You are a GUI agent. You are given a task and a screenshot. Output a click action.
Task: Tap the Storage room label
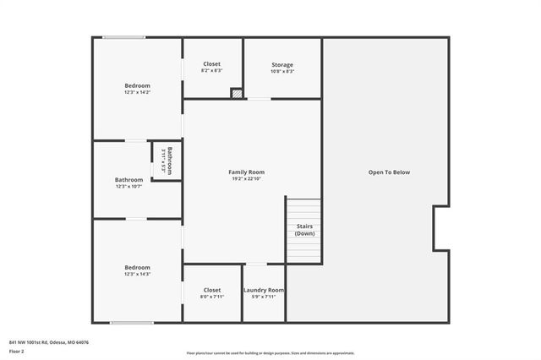tap(282, 65)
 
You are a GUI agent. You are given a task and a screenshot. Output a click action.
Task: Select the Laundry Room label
tap(264, 290)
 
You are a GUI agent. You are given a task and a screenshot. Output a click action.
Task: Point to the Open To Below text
tap(389, 172)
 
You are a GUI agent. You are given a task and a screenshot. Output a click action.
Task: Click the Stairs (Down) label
tap(305, 230)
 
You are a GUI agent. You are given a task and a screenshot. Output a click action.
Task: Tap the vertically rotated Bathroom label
tap(169, 161)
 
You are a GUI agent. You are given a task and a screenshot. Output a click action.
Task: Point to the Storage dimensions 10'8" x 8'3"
tap(282, 72)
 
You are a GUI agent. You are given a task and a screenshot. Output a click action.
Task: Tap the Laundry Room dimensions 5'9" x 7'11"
tap(264, 297)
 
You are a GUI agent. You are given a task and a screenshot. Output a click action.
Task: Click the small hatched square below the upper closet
tap(237, 94)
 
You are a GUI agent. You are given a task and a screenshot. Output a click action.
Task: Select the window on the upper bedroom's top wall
tap(124, 37)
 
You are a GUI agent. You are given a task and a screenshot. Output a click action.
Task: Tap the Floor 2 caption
tap(17, 350)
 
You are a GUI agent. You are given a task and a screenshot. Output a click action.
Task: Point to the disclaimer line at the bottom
tap(270, 353)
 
